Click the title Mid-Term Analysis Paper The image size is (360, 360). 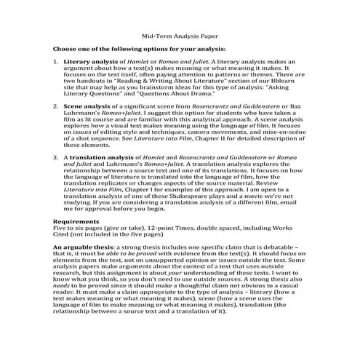179,35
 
